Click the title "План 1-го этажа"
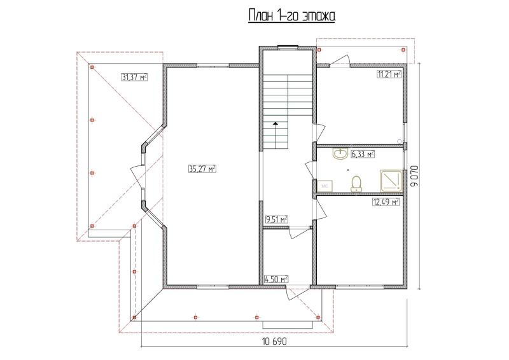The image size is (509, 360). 291,16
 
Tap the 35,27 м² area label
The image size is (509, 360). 202,169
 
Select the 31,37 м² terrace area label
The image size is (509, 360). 134,77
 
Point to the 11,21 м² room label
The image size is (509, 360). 389,74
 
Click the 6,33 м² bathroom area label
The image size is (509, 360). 363,154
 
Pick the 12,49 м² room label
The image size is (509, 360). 386,202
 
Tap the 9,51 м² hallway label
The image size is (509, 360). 277,220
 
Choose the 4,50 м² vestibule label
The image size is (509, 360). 277,279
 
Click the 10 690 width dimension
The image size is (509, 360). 274,342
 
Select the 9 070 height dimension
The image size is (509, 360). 415,176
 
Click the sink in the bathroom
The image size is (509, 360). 340,154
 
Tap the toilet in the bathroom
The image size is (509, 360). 356,184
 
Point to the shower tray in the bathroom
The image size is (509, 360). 391,180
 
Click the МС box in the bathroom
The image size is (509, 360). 324,186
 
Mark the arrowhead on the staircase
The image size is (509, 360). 275,123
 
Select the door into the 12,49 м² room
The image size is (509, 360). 319,209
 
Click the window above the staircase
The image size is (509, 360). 288,48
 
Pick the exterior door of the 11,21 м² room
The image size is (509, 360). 339,61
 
